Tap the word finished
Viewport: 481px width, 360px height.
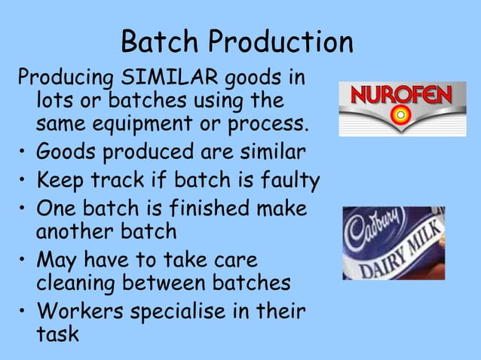coord(204,209)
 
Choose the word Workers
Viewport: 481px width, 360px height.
coord(79,311)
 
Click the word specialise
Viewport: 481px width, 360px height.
coord(190,311)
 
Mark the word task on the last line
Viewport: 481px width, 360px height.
coord(57,333)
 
